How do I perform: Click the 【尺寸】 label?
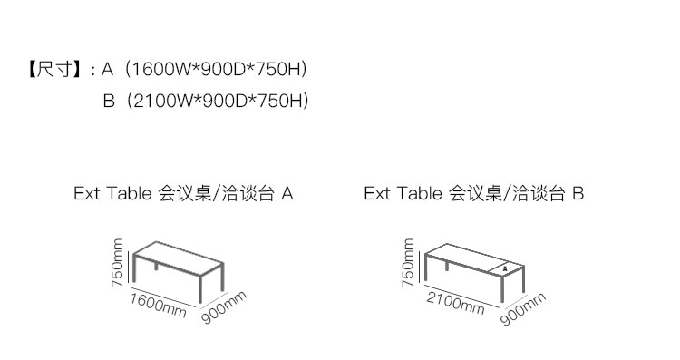pyautogui.click(x=54, y=69)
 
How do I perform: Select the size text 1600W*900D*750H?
pyautogui.click(x=215, y=69)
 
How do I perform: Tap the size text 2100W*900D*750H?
pyautogui.click(x=217, y=101)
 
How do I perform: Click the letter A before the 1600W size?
pyautogui.click(x=107, y=69)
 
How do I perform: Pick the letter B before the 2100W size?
pyautogui.click(x=109, y=101)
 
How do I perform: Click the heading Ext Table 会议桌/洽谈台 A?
pyautogui.click(x=183, y=193)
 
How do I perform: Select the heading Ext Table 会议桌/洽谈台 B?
pyautogui.click(x=473, y=193)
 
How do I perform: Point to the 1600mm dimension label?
pyautogui.click(x=159, y=305)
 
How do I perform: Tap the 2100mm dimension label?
pyautogui.click(x=455, y=302)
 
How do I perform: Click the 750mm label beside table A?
pyautogui.click(x=117, y=263)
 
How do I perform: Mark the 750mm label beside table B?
pyautogui.click(x=408, y=263)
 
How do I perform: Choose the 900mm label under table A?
pyautogui.click(x=224, y=307)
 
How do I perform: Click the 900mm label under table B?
pyautogui.click(x=522, y=309)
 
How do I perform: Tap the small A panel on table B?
pyautogui.click(x=505, y=268)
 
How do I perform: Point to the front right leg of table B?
pyautogui.click(x=502, y=288)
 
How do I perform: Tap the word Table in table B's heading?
pyautogui.click(x=420, y=193)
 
